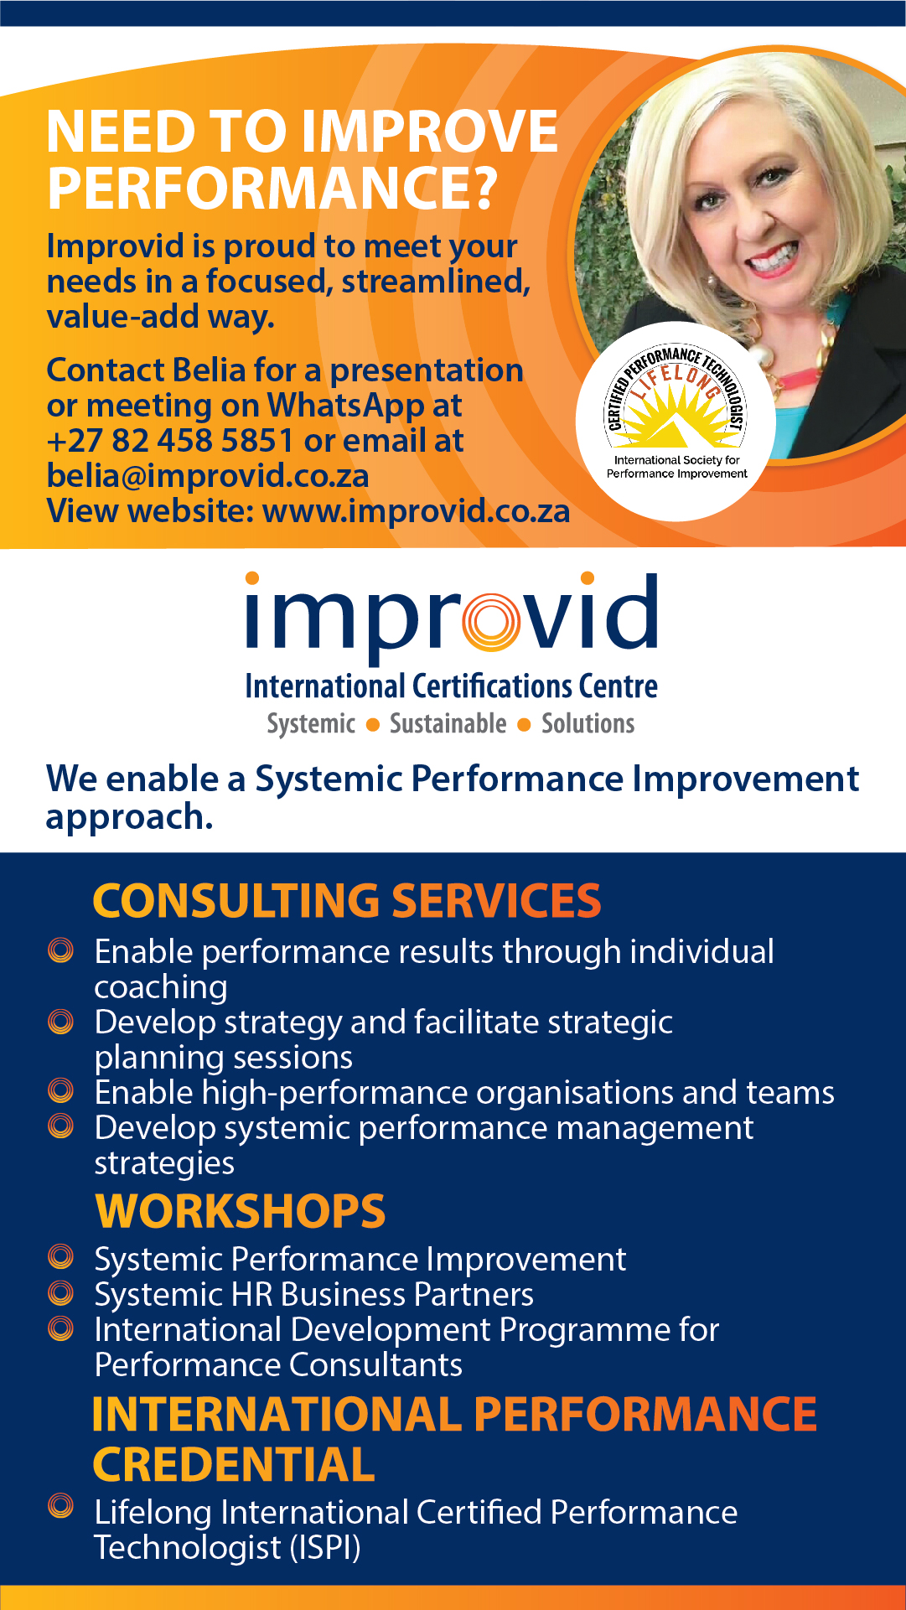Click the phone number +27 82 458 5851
[170, 440]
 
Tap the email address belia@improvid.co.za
[208, 476]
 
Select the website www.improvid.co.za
[417, 511]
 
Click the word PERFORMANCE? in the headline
[272, 187]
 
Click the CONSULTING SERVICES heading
[347, 900]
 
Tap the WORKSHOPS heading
[241, 1211]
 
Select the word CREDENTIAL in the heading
[234, 1464]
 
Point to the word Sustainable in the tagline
[448, 723]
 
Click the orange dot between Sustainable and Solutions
[524, 725]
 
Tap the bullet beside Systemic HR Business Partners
[61, 1292]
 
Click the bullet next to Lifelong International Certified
[61, 1505]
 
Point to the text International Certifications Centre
[452, 686]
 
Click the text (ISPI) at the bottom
[325, 1548]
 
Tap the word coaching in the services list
[161, 988]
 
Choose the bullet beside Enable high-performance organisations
[61, 1090]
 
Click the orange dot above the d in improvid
[588, 577]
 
